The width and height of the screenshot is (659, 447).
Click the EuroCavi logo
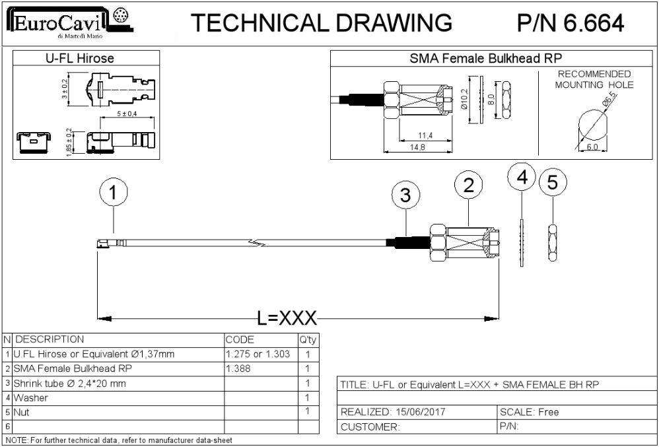71,24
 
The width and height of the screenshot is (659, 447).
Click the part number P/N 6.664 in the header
571,23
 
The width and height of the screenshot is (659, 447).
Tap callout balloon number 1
114,192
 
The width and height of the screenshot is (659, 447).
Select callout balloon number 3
405,196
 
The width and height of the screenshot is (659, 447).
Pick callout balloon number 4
522,178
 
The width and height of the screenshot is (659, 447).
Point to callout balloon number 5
553,182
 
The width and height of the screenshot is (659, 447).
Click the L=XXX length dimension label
287,318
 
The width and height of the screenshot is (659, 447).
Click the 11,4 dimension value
425,135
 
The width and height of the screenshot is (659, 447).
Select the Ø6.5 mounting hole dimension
609,101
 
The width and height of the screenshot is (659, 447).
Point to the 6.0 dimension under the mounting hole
592,147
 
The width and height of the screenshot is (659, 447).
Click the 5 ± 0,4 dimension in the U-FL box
127,114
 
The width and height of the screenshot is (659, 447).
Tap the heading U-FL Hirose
79,58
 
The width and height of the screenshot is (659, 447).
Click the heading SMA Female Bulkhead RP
486,58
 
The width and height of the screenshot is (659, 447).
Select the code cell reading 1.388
238,368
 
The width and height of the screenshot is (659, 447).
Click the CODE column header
240,339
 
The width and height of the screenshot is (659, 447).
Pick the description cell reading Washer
30,397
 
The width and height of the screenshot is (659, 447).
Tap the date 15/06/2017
418,412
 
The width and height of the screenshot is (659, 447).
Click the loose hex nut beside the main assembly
553,243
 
